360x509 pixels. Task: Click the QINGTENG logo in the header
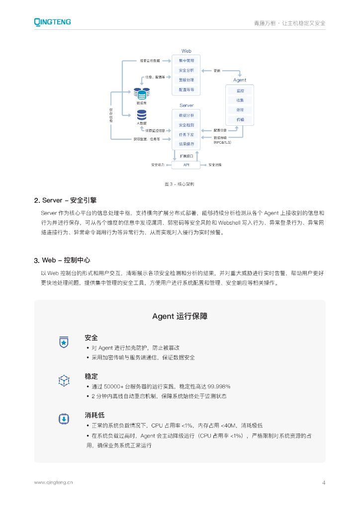coord(52,22)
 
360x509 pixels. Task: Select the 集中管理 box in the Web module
coord(186,61)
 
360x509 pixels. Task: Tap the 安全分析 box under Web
coord(186,71)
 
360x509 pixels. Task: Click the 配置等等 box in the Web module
coord(186,90)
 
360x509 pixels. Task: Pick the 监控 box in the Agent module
coord(240,91)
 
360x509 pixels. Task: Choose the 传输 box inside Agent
coord(240,120)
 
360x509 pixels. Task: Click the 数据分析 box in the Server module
coord(186,115)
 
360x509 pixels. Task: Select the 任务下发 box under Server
coord(186,135)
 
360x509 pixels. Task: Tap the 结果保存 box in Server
coord(186,144)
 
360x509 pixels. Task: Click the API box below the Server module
coord(186,165)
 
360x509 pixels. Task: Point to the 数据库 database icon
coord(141,93)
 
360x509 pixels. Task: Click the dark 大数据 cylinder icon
coord(141,114)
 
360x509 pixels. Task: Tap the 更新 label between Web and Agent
coord(217,71)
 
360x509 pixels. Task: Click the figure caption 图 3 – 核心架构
coord(180,184)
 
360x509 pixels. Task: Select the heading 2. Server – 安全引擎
coord(65,200)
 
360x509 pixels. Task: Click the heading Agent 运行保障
coord(180,316)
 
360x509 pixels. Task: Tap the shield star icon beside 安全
coord(64,342)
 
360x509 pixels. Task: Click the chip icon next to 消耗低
coord(64,419)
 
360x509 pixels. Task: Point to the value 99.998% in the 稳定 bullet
coord(219,386)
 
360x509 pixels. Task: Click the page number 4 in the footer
coord(324,482)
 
